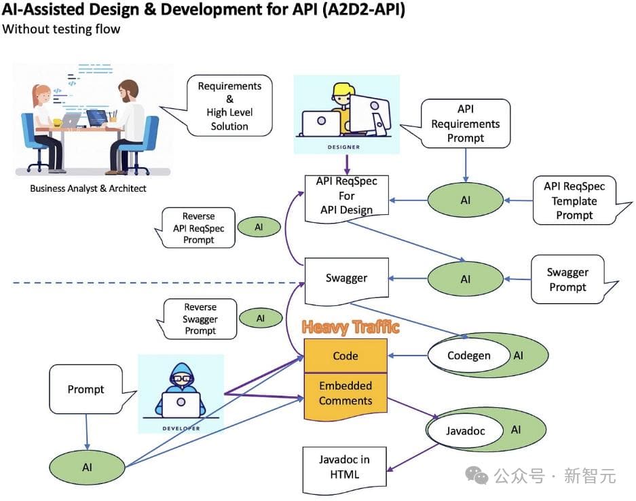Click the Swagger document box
[x=346, y=279]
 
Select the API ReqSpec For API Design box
[x=346, y=196]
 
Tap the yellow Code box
[x=345, y=356]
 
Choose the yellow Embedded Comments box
[x=345, y=393]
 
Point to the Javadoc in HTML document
[x=344, y=468]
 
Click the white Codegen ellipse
[x=469, y=356]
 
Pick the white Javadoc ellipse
[x=465, y=430]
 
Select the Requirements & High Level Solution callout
[x=229, y=106]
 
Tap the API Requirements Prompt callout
[x=466, y=123]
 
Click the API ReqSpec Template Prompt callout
[x=574, y=201]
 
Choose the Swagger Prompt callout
[x=567, y=279]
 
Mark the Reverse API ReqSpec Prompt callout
[x=198, y=228]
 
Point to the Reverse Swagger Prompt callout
[x=200, y=319]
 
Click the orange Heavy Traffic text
[x=350, y=328]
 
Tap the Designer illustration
[x=346, y=114]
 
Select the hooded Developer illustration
[x=181, y=394]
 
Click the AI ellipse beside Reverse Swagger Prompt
[x=260, y=317]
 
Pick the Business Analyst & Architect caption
[x=88, y=188]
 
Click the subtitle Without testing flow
[x=61, y=29]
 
